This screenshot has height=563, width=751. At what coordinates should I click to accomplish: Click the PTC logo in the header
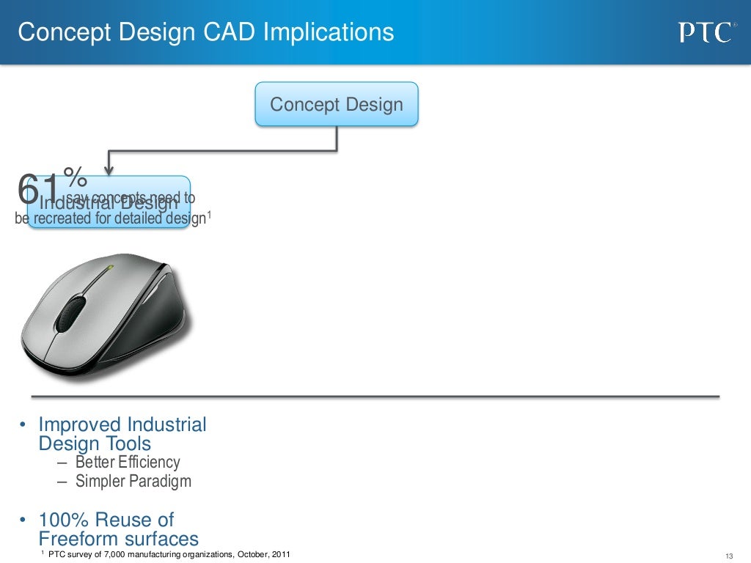click(x=705, y=33)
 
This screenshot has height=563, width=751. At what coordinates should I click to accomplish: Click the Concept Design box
click(x=337, y=104)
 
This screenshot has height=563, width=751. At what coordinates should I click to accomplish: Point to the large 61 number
click(x=39, y=190)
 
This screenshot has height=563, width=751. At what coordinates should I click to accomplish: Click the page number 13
click(x=729, y=554)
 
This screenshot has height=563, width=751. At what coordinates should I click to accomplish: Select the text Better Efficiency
click(x=127, y=463)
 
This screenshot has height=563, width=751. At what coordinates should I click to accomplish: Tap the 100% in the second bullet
click(x=65, y=520)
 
